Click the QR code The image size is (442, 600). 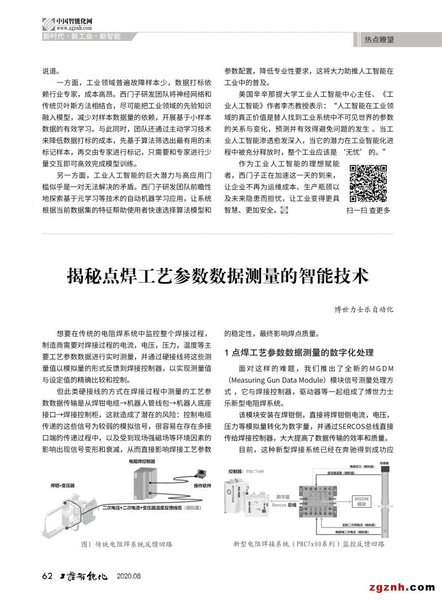(368, 184)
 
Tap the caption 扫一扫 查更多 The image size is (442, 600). (368, 210)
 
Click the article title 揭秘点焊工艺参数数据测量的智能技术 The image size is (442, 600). (218, 275)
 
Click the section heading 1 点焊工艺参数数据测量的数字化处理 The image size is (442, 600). (299, 353)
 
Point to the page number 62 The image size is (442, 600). (48, 577)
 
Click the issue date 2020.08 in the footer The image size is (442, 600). (129, 577)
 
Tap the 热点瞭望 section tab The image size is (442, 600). (378, 39)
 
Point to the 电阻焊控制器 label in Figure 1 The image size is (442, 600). (142, 460)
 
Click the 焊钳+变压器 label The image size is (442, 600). (62, 485)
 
